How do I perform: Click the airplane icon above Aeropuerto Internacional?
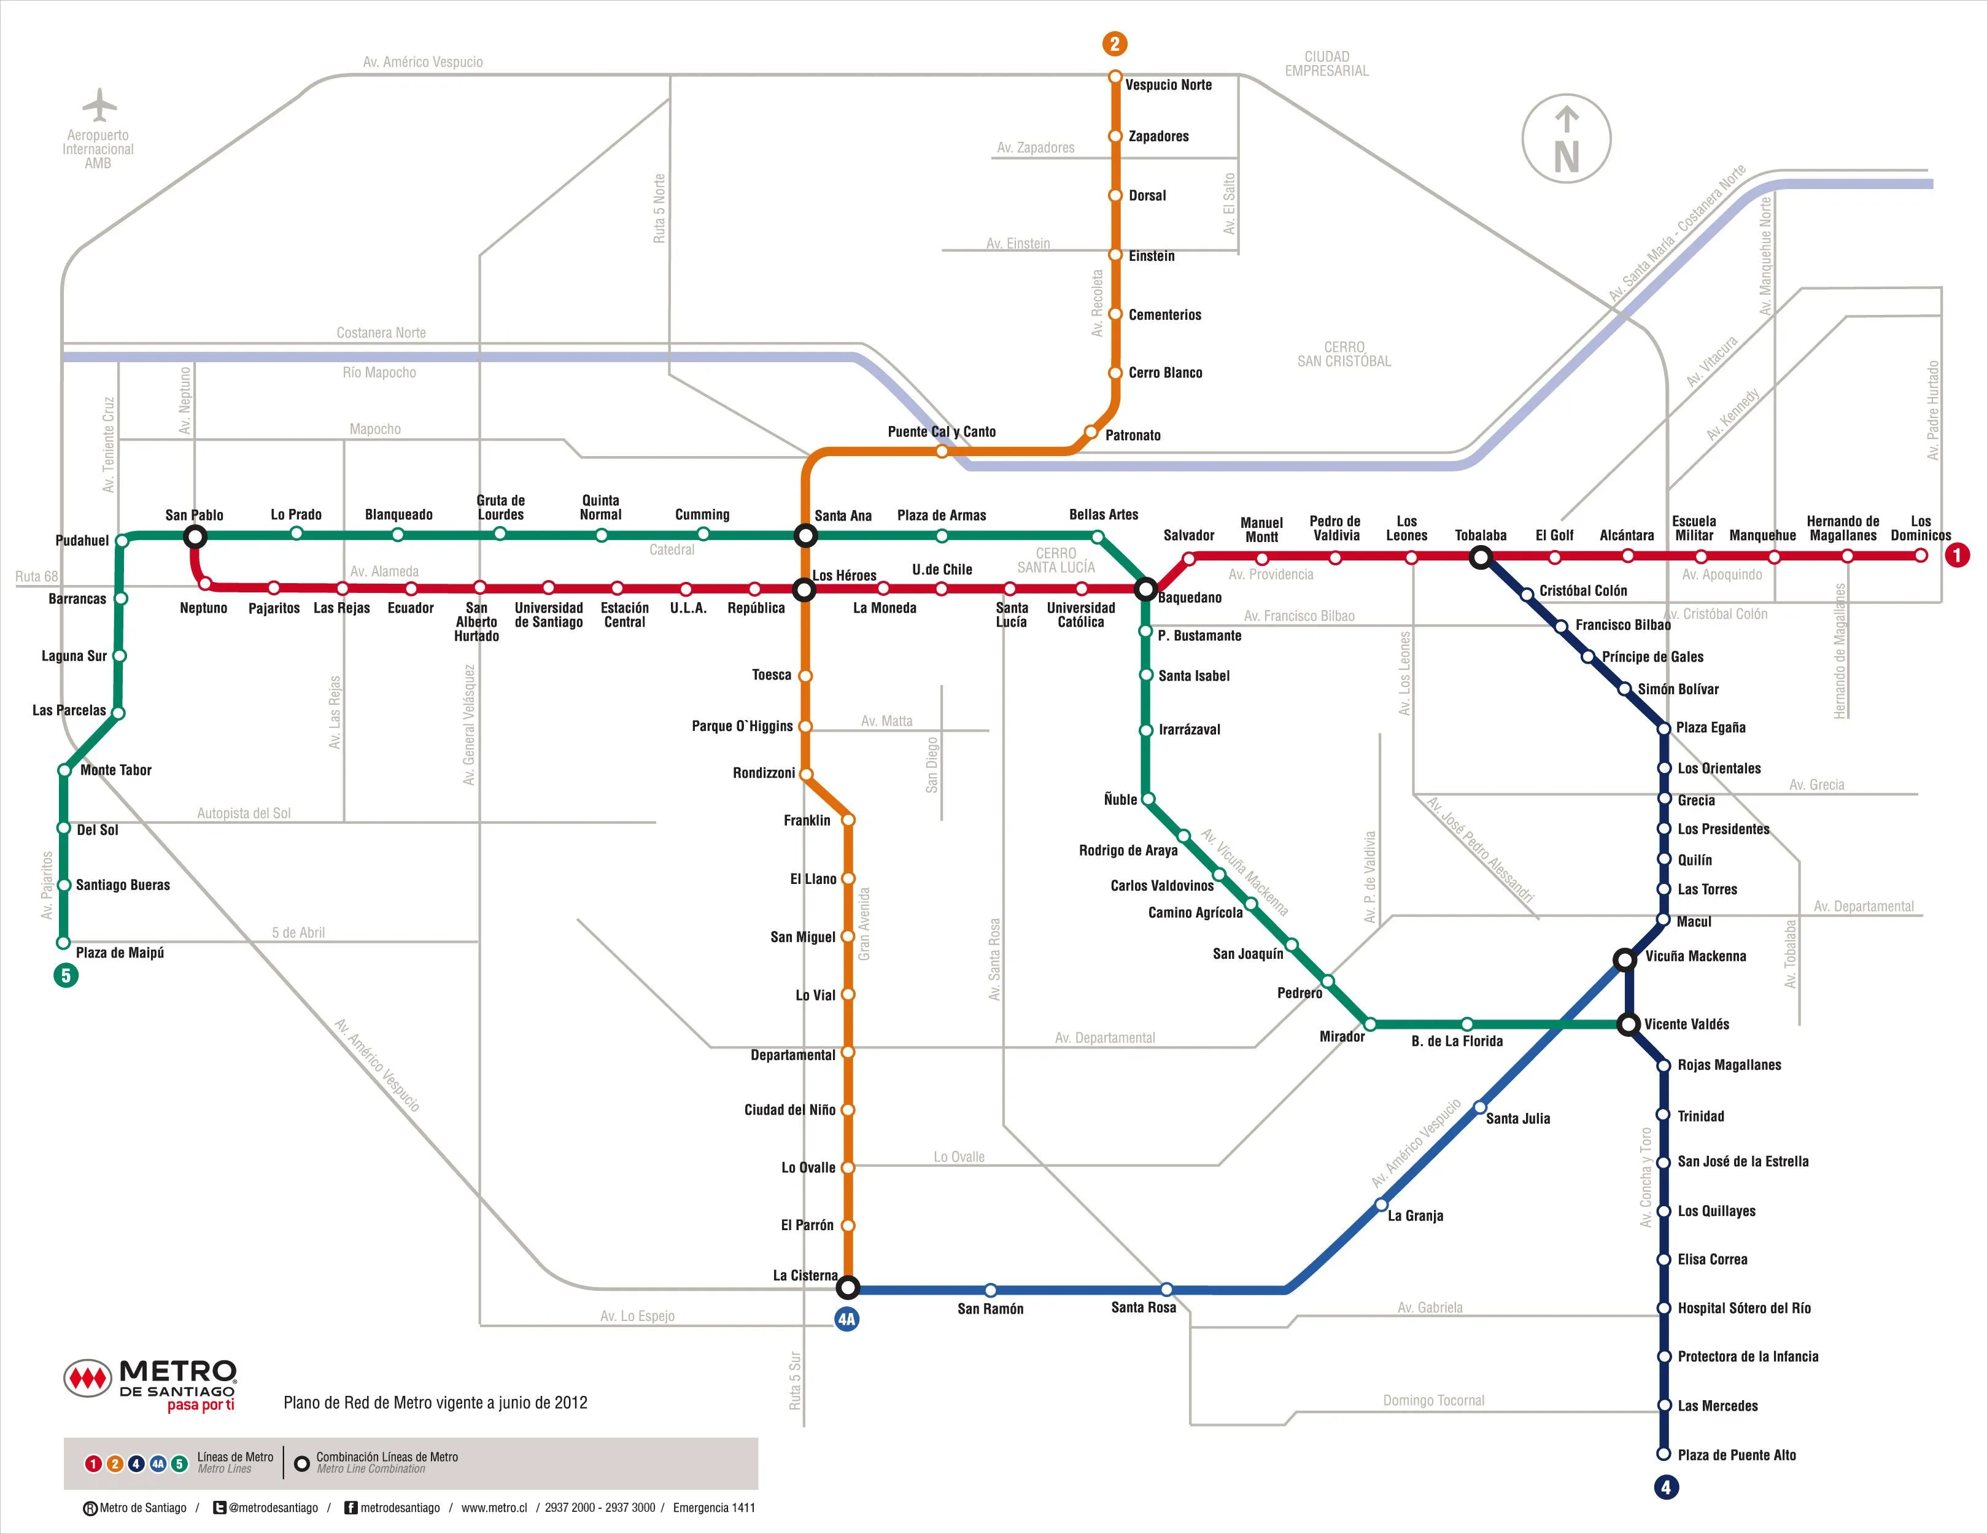click(x=99, y=104)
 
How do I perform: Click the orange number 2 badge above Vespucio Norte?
click(x=1115, y=44)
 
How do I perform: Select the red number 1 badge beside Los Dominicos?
click(x=1957, y=555)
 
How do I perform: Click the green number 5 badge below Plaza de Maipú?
click(x=66, y=976)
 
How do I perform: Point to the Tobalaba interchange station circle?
click(x=1481, y=557)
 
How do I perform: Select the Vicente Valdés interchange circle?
click(x=1629, y=1025)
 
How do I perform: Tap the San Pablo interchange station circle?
click(x=195, y=537)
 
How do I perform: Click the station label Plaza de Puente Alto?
click(x=1737, y=1455)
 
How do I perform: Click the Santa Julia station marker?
click(x=1479, y=1107)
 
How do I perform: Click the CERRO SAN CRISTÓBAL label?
click(x=1344, y=354)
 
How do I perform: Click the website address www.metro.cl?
click(x=494, y=1508)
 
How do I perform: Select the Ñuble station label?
click(x=1120, y=800)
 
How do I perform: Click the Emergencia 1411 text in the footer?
click(x=714, y=1508)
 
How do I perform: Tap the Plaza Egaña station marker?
click(x=1664, y=729)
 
